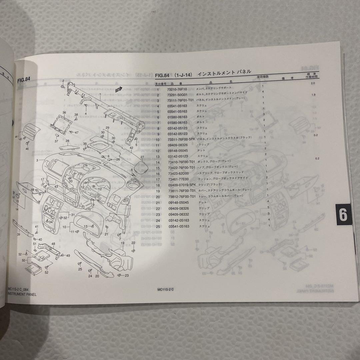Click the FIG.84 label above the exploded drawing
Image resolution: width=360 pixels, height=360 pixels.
[24, 80]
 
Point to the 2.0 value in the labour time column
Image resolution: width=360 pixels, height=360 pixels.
[313, 83]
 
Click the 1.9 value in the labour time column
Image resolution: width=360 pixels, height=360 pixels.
[313, 95]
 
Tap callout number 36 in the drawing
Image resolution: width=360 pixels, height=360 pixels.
[64, 112]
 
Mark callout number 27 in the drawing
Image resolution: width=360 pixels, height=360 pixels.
[142, 157]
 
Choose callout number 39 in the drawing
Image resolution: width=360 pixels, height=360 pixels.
[19, 235]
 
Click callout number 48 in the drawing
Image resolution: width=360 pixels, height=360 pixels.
[53, 244]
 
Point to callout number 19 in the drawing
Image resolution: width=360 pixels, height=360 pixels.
[122, 243]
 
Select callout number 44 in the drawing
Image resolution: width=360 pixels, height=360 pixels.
[16, 137]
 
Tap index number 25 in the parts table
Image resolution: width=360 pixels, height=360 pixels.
[158, 227]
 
